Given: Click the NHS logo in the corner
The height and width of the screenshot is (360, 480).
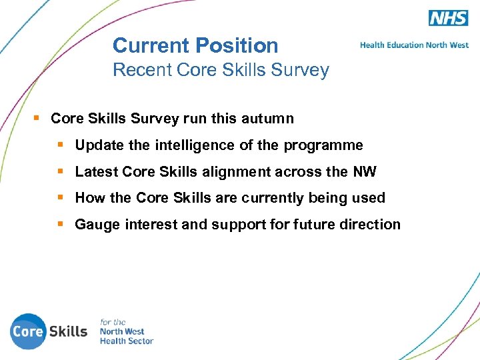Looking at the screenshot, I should click(448, 18).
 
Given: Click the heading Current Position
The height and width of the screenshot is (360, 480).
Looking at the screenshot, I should click(195, 45).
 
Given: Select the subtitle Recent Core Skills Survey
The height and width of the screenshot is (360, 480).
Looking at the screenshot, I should click(221, 70).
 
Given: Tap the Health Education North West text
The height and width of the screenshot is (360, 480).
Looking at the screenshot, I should click(414, 45).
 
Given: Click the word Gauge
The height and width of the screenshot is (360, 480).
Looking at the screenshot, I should click(96, 225).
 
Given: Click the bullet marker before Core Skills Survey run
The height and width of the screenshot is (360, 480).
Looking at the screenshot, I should click(37, 119).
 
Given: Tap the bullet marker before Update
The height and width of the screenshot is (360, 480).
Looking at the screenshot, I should click(61, 145).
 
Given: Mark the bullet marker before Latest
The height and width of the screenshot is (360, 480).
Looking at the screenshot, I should click(61, 172).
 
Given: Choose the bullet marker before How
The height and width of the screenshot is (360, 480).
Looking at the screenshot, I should click(61, 198).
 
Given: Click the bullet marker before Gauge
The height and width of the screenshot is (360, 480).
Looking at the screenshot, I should click(61, 225).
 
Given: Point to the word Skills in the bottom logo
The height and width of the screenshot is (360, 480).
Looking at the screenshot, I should click(68, 331).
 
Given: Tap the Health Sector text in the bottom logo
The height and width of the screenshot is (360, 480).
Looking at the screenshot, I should click(126, 341).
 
